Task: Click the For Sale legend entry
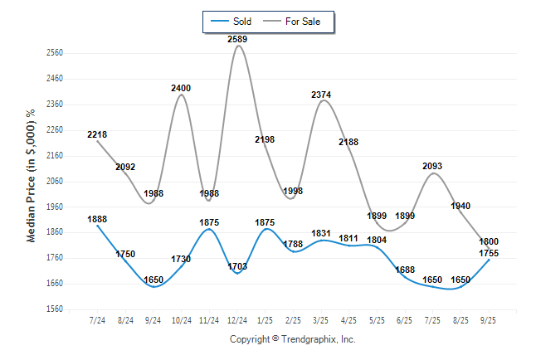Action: pos(295,21)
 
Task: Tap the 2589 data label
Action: pos(237,39)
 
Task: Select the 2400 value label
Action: pos(181,88)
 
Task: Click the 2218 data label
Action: pos(97,134)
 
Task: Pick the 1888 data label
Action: pos(97,219)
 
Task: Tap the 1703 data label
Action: pos(237,266)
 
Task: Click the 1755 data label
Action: pos(490,254)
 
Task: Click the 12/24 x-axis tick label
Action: pos(237,320)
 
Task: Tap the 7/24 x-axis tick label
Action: pos(97,320)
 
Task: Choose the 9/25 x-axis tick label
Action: pos(490,320)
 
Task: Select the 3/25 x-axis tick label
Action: pos(321,320)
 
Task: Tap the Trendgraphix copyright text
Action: pos(292,340)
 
